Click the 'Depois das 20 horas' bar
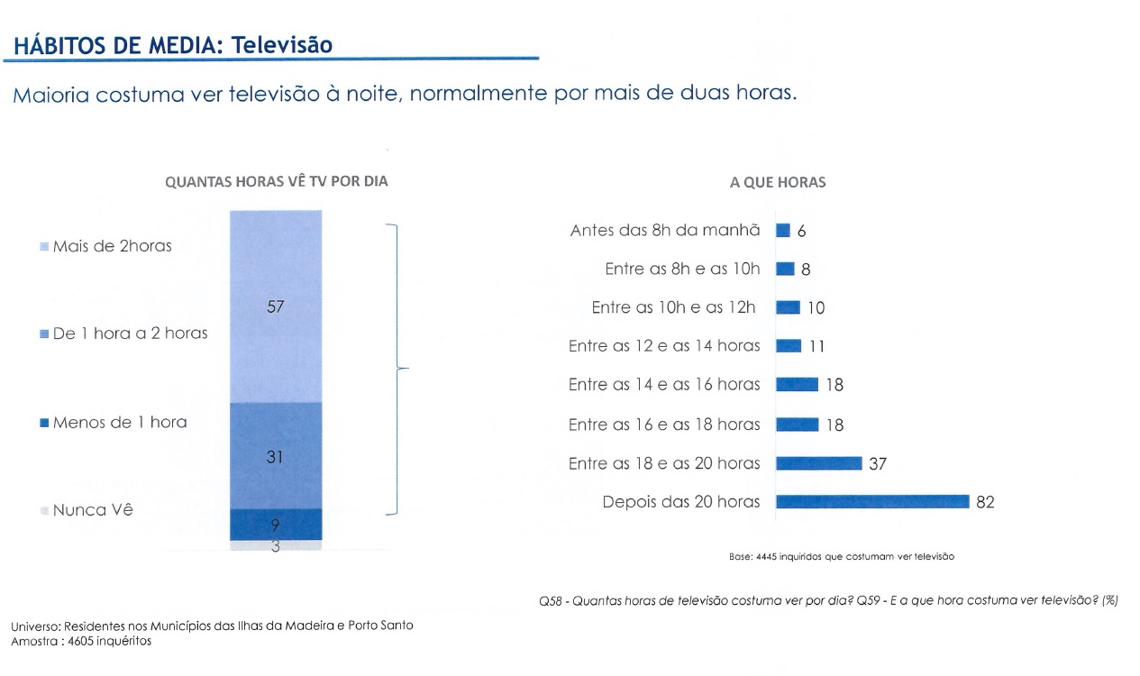pos(871,501)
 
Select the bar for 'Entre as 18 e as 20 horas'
pos(818,463)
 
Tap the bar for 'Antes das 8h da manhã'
pos(783,231)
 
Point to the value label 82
pos(985,503)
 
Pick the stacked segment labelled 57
pos(275,306)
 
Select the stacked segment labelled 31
pos(275,456)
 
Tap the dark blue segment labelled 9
pos(275,524)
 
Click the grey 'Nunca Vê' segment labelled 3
pos(275,545)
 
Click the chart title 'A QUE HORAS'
pos(778,182)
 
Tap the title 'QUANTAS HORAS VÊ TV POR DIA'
pos(276,181)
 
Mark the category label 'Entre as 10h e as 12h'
pos(672,307)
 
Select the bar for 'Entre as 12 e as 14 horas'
pos(788,346)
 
